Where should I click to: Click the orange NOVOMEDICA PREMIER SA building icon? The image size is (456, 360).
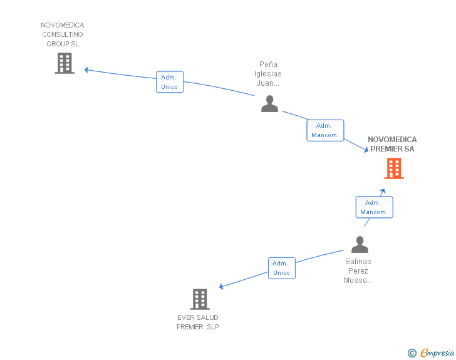point(394,168)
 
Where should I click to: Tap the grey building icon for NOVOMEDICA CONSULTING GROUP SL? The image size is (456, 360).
point(65,63)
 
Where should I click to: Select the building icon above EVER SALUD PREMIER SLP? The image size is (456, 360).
point(200,299)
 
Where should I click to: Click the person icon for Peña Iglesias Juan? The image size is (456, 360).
point(269,103)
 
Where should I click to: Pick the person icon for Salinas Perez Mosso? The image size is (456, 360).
point(360,244)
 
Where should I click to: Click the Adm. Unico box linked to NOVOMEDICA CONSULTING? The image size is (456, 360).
point(170,82)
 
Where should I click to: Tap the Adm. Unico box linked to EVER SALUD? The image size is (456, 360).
point(282,268)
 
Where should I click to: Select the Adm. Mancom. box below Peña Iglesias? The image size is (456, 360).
point(326,131)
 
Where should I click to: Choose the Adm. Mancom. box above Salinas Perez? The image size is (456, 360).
point(375,207)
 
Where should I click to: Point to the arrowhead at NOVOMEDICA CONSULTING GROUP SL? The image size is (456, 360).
point(86,69)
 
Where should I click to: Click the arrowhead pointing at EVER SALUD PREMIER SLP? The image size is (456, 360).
point(221,286)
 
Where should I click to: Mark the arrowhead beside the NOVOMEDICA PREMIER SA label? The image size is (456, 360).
point(366,150)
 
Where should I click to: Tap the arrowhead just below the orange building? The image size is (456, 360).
point(383,191)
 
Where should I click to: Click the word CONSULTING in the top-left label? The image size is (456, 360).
point(63,34)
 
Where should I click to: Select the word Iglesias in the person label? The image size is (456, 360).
point(268,74)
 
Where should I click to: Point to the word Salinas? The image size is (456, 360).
point(358,262)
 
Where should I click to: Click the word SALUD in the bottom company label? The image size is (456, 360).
point(208,317)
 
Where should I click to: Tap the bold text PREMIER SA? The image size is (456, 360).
point(392,149)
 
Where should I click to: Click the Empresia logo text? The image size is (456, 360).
point(437,353)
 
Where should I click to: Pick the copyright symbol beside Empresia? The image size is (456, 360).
point(412,353)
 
